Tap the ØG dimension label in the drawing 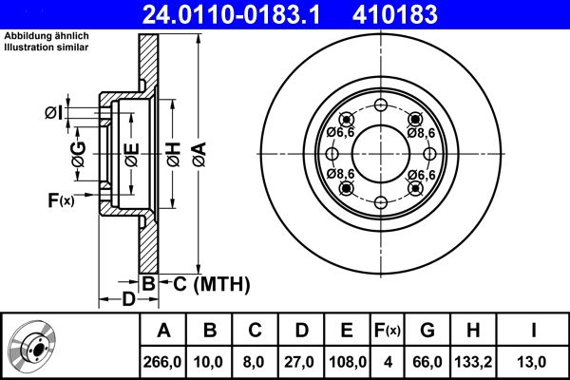[x=79, y=156]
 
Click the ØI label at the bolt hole [x=53, y=113]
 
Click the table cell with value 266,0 [x=163, y=361]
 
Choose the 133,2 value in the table [x=472, y=361]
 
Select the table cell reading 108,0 [x=347, y=361]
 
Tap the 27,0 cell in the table [x=301, y=361]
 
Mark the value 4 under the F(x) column [x=388, y=361]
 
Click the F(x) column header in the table [x=388, y=331]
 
